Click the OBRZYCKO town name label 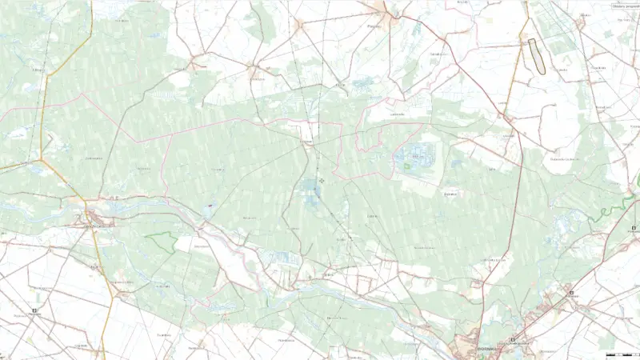click(x=94, y=226)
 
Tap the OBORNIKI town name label click(x=484, y=348)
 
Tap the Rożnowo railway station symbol click(x=571, y=293)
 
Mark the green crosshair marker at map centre click(x=322, y=181)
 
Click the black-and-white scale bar click(x=619, y=353)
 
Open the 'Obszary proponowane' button click(x=625, y=5)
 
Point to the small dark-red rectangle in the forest click(x=210, y=206)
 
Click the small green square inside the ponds click(x=407, y=166)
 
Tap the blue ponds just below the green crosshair click(x=310, y=193)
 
